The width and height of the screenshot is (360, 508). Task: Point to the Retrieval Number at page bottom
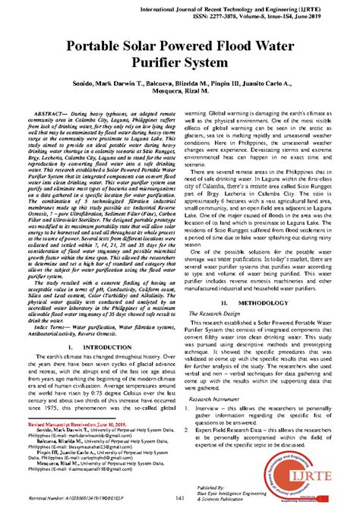pyautogui.click(x=76, y=498)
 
